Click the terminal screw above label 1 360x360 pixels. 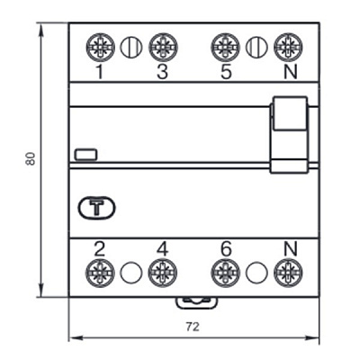click(x=101, y=48)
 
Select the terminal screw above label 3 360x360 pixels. click(x=163, y=48)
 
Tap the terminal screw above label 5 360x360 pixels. click(x=226, y=48)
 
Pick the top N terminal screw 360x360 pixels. click(x=288, y=48)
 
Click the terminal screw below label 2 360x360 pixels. click(x=100, y=273)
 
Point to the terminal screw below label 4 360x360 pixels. click(x=163, y=273)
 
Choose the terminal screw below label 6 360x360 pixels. click(x=225, y=273)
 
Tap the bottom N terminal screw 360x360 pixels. click(x=288, y=273)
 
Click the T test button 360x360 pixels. click(x=96, y=207)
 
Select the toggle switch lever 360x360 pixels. click(x=289, y=134)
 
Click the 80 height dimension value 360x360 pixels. click(x=31, y=158)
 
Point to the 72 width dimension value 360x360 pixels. click(x=193, y=327)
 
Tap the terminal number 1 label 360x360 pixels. click(x=100, y=72)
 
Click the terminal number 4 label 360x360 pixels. click(x=163, y=248)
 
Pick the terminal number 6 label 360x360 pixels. click(x=226, y=248)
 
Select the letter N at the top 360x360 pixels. click(x=291, y=72)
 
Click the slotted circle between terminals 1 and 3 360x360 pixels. click(x=131, y=48)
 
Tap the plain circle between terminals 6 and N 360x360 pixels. click(x=256, y=273)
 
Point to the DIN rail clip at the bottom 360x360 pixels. click(x=196, y=302)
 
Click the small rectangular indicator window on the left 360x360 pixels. click(x=85, y=154)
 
